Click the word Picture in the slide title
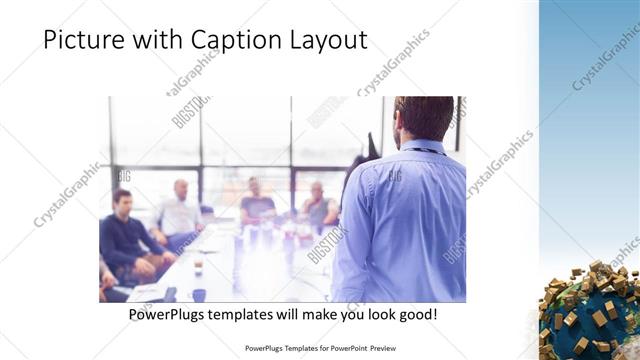coord(81,39)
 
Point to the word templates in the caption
coord(250,315)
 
